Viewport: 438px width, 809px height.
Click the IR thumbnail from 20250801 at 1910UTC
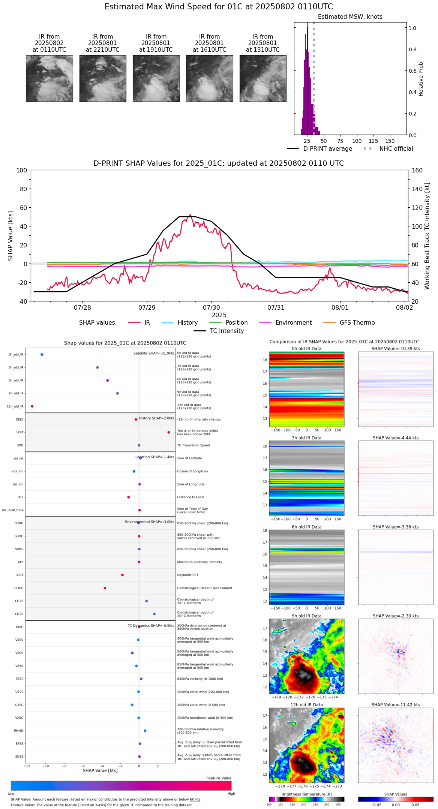pyautogui.click(x=156, y=78)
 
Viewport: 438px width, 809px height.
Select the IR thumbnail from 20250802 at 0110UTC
pyautogui.click(x=49, y=78)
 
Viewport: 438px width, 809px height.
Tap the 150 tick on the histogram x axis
pyautogui.click(x=390, y=141)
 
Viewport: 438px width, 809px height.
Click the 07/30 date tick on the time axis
pyautogui.click(x=211, y=307)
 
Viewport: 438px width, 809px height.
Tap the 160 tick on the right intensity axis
pyautogui.click(x=417, y=170)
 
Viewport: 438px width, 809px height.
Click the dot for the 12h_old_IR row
pyautogui.click(x=32, y=406)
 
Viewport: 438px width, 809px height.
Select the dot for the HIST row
pyautogui.click(x=169, y=432)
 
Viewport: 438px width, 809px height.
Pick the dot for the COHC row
pyautogui.click(x=105, y=588)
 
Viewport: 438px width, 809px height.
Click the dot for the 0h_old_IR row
pyautogui.click(x=42, y=354)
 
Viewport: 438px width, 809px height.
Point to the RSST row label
pyautogui.click(x=19, y=575)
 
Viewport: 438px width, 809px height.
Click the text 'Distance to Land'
pyautogui.click(x=190, y=497)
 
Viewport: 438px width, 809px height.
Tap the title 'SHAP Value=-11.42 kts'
pyautogui.click(x=396, y=705)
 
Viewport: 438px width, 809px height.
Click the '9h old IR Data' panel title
pyautogui.click(x=306, y=616)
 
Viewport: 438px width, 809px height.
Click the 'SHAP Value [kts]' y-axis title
pyautogui.click(x=10, y=236)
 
